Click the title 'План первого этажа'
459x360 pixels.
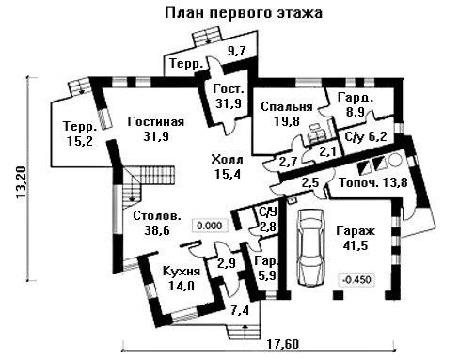coord(244,13)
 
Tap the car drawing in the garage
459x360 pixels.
coord(311,247)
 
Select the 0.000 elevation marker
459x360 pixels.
coord(210,226)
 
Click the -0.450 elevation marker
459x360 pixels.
coord(357,279)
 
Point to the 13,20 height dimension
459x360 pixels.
coord(22,182)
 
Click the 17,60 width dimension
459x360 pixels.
coord(283,344)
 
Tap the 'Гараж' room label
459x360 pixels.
coord(356,231)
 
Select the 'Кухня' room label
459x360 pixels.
coord(182,271)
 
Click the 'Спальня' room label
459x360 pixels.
coord(287,107)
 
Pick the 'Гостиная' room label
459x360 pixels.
coord(156,121)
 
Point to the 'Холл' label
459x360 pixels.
coord(228,160)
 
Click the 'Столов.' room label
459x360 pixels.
coord(157,216)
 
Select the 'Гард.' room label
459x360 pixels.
coord(356,98)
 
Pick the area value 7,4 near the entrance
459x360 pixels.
coord(240,310)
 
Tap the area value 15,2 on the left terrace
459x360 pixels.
coord(80,141)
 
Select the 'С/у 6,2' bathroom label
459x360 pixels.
coord(365,137)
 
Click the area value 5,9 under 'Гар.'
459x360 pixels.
coord(266,275)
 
